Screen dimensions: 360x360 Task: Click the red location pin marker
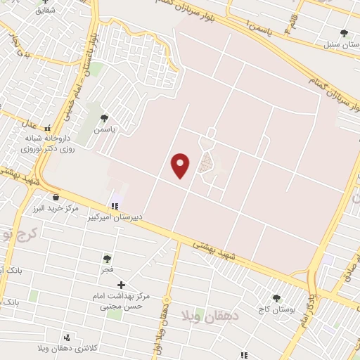(x=181, y=165)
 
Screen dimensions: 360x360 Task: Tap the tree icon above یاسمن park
(x=105, y=118)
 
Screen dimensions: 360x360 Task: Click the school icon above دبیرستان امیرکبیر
(x=113, y=206)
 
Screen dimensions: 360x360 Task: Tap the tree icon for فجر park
(x=107, y=258)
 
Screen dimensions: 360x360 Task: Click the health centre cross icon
(x=121, y=285)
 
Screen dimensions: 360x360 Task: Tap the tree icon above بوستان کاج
(x=276, y=298)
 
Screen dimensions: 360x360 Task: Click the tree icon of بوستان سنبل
(x=344, y=33)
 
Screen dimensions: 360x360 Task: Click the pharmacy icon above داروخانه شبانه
(x=48, y=129)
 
